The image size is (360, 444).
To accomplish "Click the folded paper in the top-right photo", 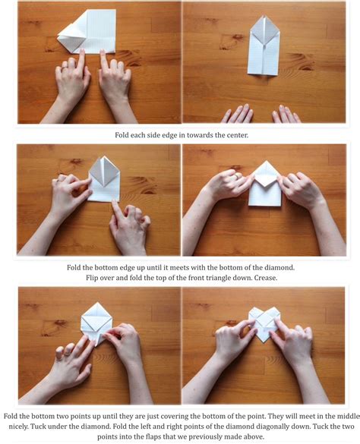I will coord(264,45).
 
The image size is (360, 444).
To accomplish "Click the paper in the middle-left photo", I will coord(104,180).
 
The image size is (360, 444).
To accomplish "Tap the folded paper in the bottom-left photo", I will coord(96,321).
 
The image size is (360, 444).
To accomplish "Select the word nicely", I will coord(17,427).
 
